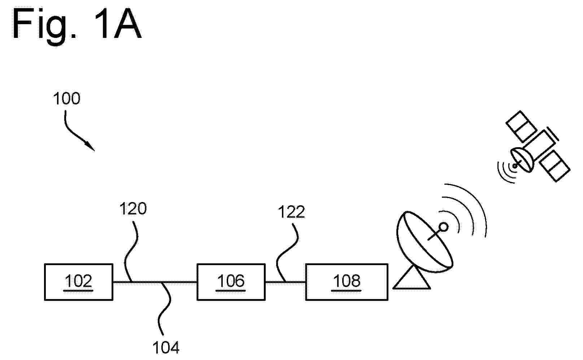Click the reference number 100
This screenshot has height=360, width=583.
(x=67, y=98)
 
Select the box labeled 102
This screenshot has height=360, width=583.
(x=79, y=282)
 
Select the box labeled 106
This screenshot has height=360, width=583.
(x=231, y=282)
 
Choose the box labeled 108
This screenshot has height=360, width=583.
(x=347, y=282)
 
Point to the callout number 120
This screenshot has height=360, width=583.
(x=133, y=208)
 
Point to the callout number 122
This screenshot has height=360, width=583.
(x=291, y=212)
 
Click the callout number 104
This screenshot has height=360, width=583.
(x=166, y=347)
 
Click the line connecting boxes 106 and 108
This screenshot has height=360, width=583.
(x=286, y=282)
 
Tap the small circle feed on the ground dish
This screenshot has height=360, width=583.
(x=443, y=227)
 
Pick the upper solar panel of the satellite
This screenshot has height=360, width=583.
(x=521, y=127)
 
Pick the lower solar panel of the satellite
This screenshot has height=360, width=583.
(x=555, y=166)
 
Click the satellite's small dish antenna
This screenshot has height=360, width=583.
(x=522, y=160)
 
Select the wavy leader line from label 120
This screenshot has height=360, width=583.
(x=131, y=251)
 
